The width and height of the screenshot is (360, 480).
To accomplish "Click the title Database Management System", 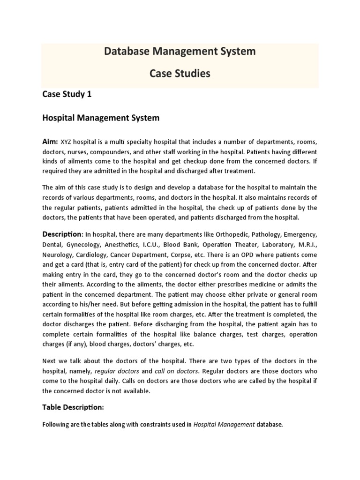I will pos(180,52).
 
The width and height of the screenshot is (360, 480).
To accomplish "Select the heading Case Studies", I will pos(180,74).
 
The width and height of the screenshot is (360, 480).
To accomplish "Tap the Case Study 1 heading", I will pos(67,94).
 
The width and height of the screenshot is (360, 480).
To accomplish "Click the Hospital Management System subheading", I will pos(101,118).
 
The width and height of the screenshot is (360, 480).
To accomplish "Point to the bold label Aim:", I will pos(51,142).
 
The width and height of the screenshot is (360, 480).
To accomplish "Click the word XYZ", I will pos(68,142).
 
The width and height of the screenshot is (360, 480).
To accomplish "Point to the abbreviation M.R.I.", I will pos(307,245).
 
